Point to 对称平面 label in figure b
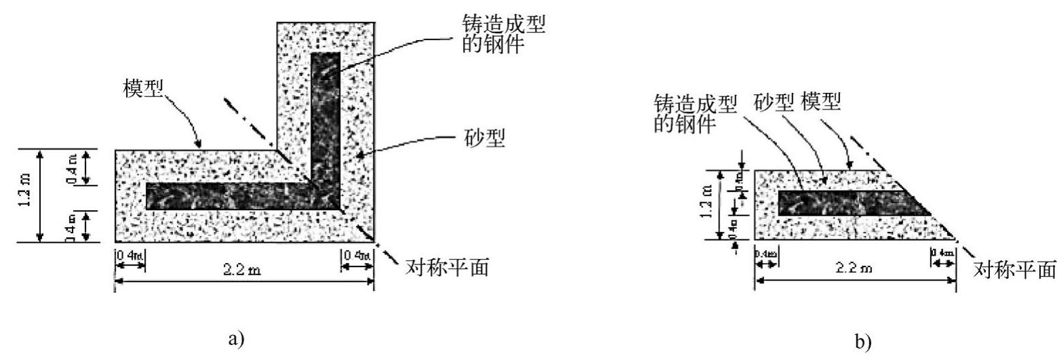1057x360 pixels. (x=1014, y=270)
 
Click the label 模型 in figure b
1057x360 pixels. (x=820, y=103)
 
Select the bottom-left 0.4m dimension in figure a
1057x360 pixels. (x=129, y=257)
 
